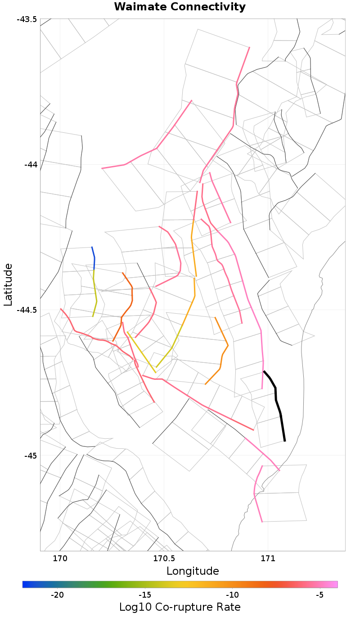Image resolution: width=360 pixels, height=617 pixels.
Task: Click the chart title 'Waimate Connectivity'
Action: coord(180,7)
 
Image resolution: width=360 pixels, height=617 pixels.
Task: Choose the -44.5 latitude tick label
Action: coord(26,310)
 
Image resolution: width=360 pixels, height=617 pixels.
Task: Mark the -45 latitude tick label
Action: coord(31,455)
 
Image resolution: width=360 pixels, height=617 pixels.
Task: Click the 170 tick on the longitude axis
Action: coord(60,559)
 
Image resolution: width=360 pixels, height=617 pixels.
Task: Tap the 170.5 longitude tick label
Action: coord(164,559)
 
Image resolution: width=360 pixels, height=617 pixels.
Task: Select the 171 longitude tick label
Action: coord(268,559)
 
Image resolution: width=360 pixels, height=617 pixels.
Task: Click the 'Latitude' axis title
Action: coord(8,285)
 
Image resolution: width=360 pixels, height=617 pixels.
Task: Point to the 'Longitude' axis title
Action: coord(193,571)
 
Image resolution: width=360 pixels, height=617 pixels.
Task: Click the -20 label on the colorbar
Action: coord(57,595)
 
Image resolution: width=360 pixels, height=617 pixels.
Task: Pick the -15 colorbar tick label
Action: coord(144,595)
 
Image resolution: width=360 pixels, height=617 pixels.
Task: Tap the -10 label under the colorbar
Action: coord(232,595)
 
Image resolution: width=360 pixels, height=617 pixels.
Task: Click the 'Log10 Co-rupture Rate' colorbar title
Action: coord(180,607)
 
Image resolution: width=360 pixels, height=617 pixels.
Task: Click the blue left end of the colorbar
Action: coord(25,584)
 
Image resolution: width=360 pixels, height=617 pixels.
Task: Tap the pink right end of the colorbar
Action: coord(335,584)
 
